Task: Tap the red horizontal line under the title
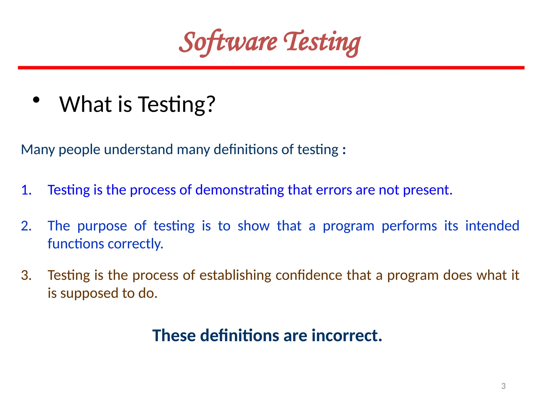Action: pos(271,68)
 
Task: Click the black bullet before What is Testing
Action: pos(36,100)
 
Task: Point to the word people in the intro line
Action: pos(79,150)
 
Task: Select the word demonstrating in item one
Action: pos(240,190)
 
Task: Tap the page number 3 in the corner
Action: pos(503,386)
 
